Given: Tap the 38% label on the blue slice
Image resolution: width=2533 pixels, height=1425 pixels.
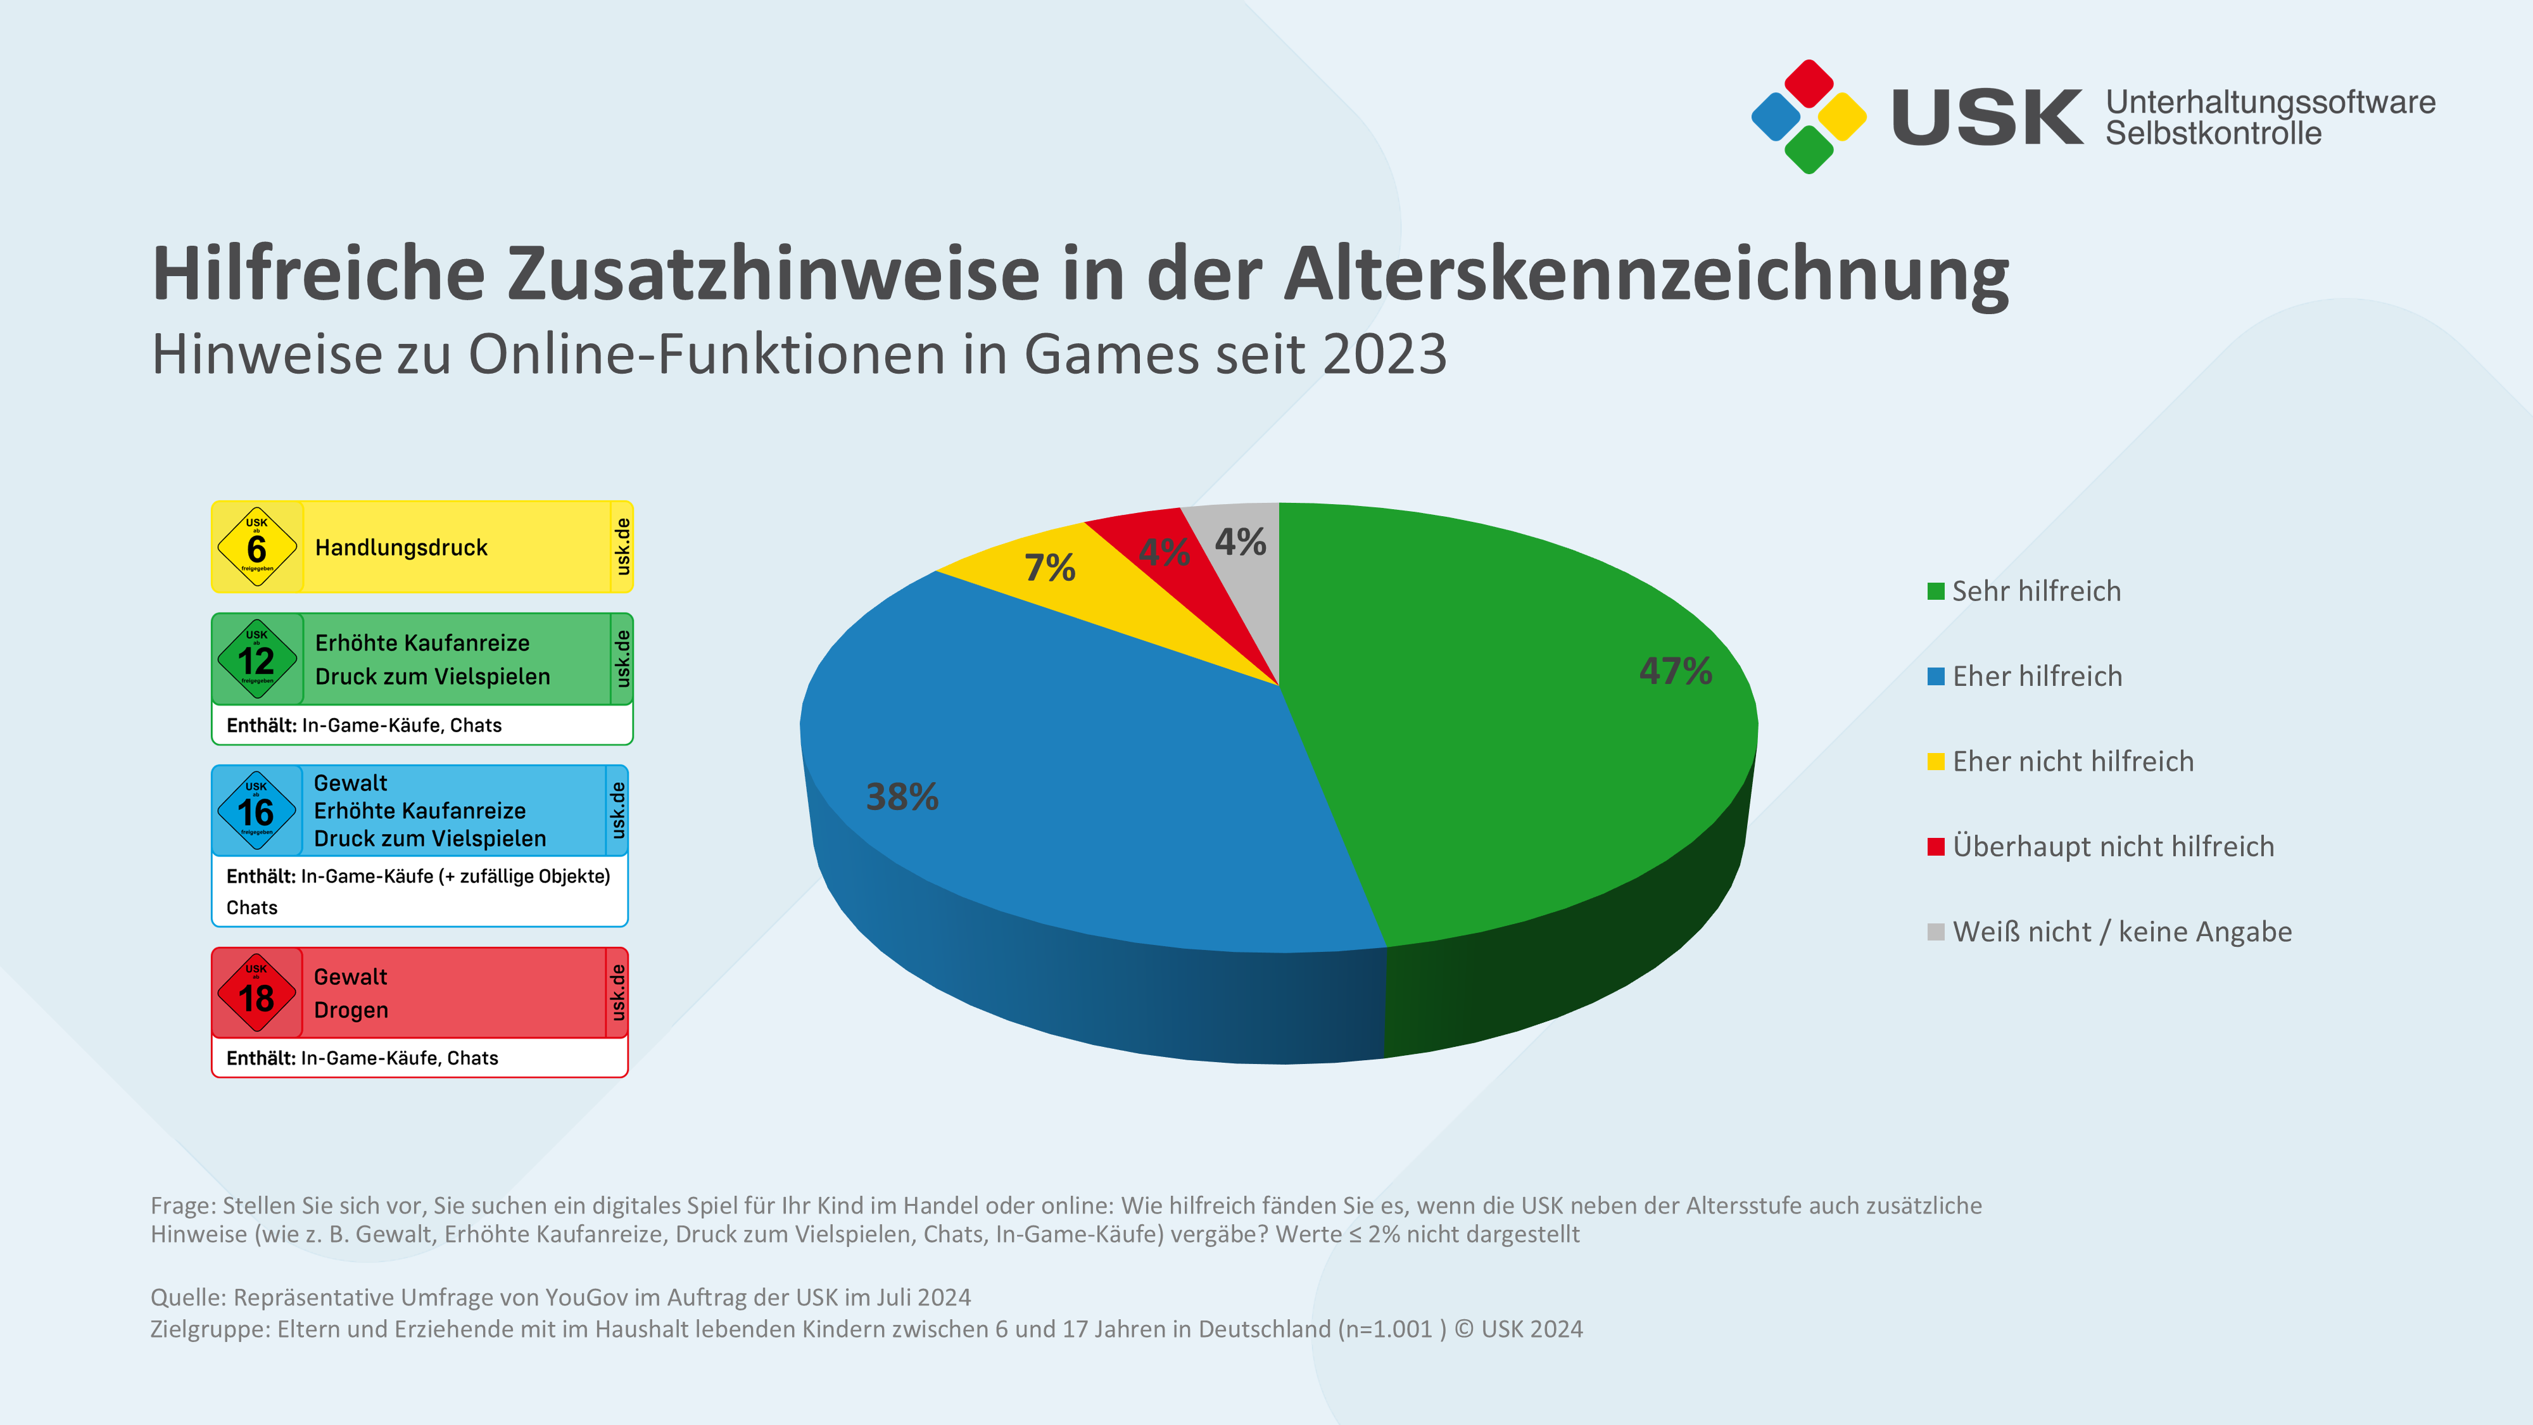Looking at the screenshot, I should pyautogui.click(x=902, y=797).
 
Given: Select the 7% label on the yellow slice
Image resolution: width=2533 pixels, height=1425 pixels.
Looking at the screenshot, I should pyautogui.click(x=1049, y=567).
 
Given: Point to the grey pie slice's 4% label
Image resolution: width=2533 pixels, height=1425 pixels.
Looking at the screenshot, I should pyautogui.click(x=1240, y=542).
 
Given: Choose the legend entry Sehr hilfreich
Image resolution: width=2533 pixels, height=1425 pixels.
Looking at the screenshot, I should pyautogui.click(x=2035, y=591).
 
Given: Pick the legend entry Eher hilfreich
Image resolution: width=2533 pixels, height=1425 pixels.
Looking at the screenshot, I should pyautogui.click(x=2037, y=676).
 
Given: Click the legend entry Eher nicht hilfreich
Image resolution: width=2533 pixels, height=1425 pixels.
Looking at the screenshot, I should pyautogui.click(x=2072, y=761).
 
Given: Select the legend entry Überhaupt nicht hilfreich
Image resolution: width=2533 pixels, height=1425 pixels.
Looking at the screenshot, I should pyautogui.click(x=2112, y=847).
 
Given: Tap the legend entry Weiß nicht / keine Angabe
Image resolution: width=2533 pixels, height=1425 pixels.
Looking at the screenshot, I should pyautogui.click(x=2121, y=931).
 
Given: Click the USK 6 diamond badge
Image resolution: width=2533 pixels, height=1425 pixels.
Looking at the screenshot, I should pyautogui.click(x=256, y=547).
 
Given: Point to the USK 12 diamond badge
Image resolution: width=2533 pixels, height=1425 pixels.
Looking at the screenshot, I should pyautogui.click(x=256, y=659).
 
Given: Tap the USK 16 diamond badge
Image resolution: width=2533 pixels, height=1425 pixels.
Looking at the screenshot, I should pyautogui.click(x=256, y=811).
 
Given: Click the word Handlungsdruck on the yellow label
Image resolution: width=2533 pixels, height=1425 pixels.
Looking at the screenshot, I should pyautogui.click(x=401, y=548).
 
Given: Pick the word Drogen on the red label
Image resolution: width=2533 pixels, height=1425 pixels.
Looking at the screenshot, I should pyautogui.click(x=351, y=1011).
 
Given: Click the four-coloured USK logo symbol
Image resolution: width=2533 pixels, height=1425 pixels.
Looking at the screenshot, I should pyautogui.click(x=1809, y=117).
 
